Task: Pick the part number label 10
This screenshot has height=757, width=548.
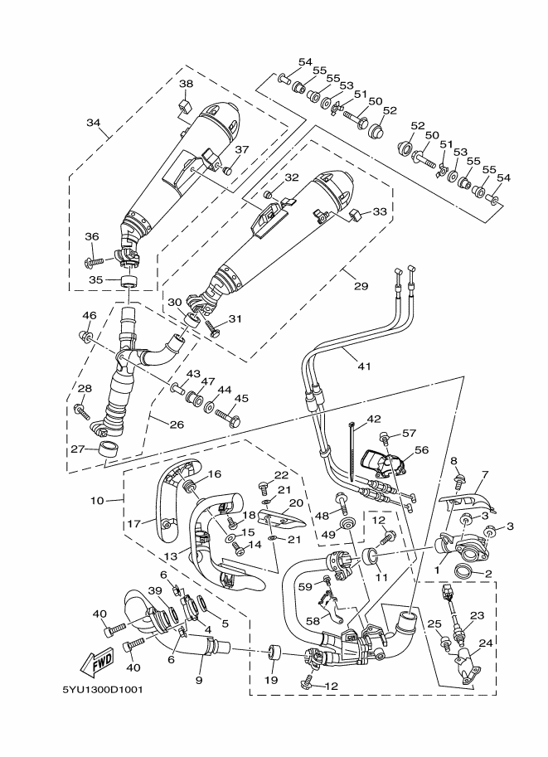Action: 97,501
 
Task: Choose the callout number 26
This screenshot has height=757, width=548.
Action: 176,425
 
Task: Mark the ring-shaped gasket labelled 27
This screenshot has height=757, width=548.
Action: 108,450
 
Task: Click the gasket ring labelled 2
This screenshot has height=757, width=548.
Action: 466,571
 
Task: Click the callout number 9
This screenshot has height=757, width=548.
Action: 199,681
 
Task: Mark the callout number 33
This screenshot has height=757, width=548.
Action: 381,211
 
